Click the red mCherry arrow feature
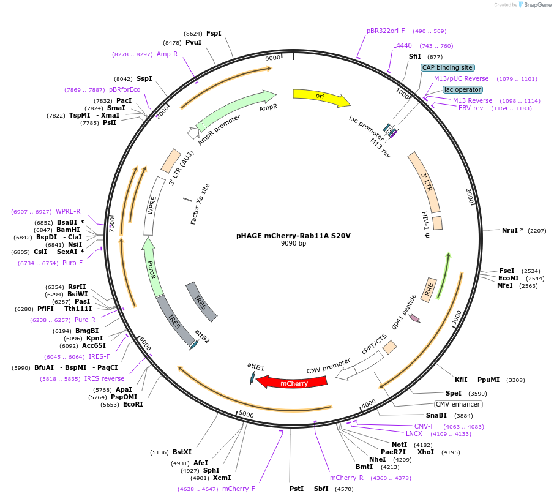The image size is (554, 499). point(293,382)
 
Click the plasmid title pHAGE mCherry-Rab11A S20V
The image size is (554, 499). point(293,235)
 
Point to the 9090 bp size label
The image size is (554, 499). point(293,243)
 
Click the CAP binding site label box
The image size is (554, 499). point(447,67)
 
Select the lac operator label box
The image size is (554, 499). point(462,89)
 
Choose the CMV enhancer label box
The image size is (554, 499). point(459,405)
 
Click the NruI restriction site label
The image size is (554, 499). point(512,230)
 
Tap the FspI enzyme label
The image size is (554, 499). point(214,33)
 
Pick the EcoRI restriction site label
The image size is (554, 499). point(133,404)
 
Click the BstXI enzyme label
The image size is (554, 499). point(182,452)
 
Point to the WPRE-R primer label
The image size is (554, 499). point(68,211)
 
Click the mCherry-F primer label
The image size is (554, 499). point(239,489)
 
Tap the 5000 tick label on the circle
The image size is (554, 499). point(246,415)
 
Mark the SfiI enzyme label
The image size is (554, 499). point(415,56)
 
